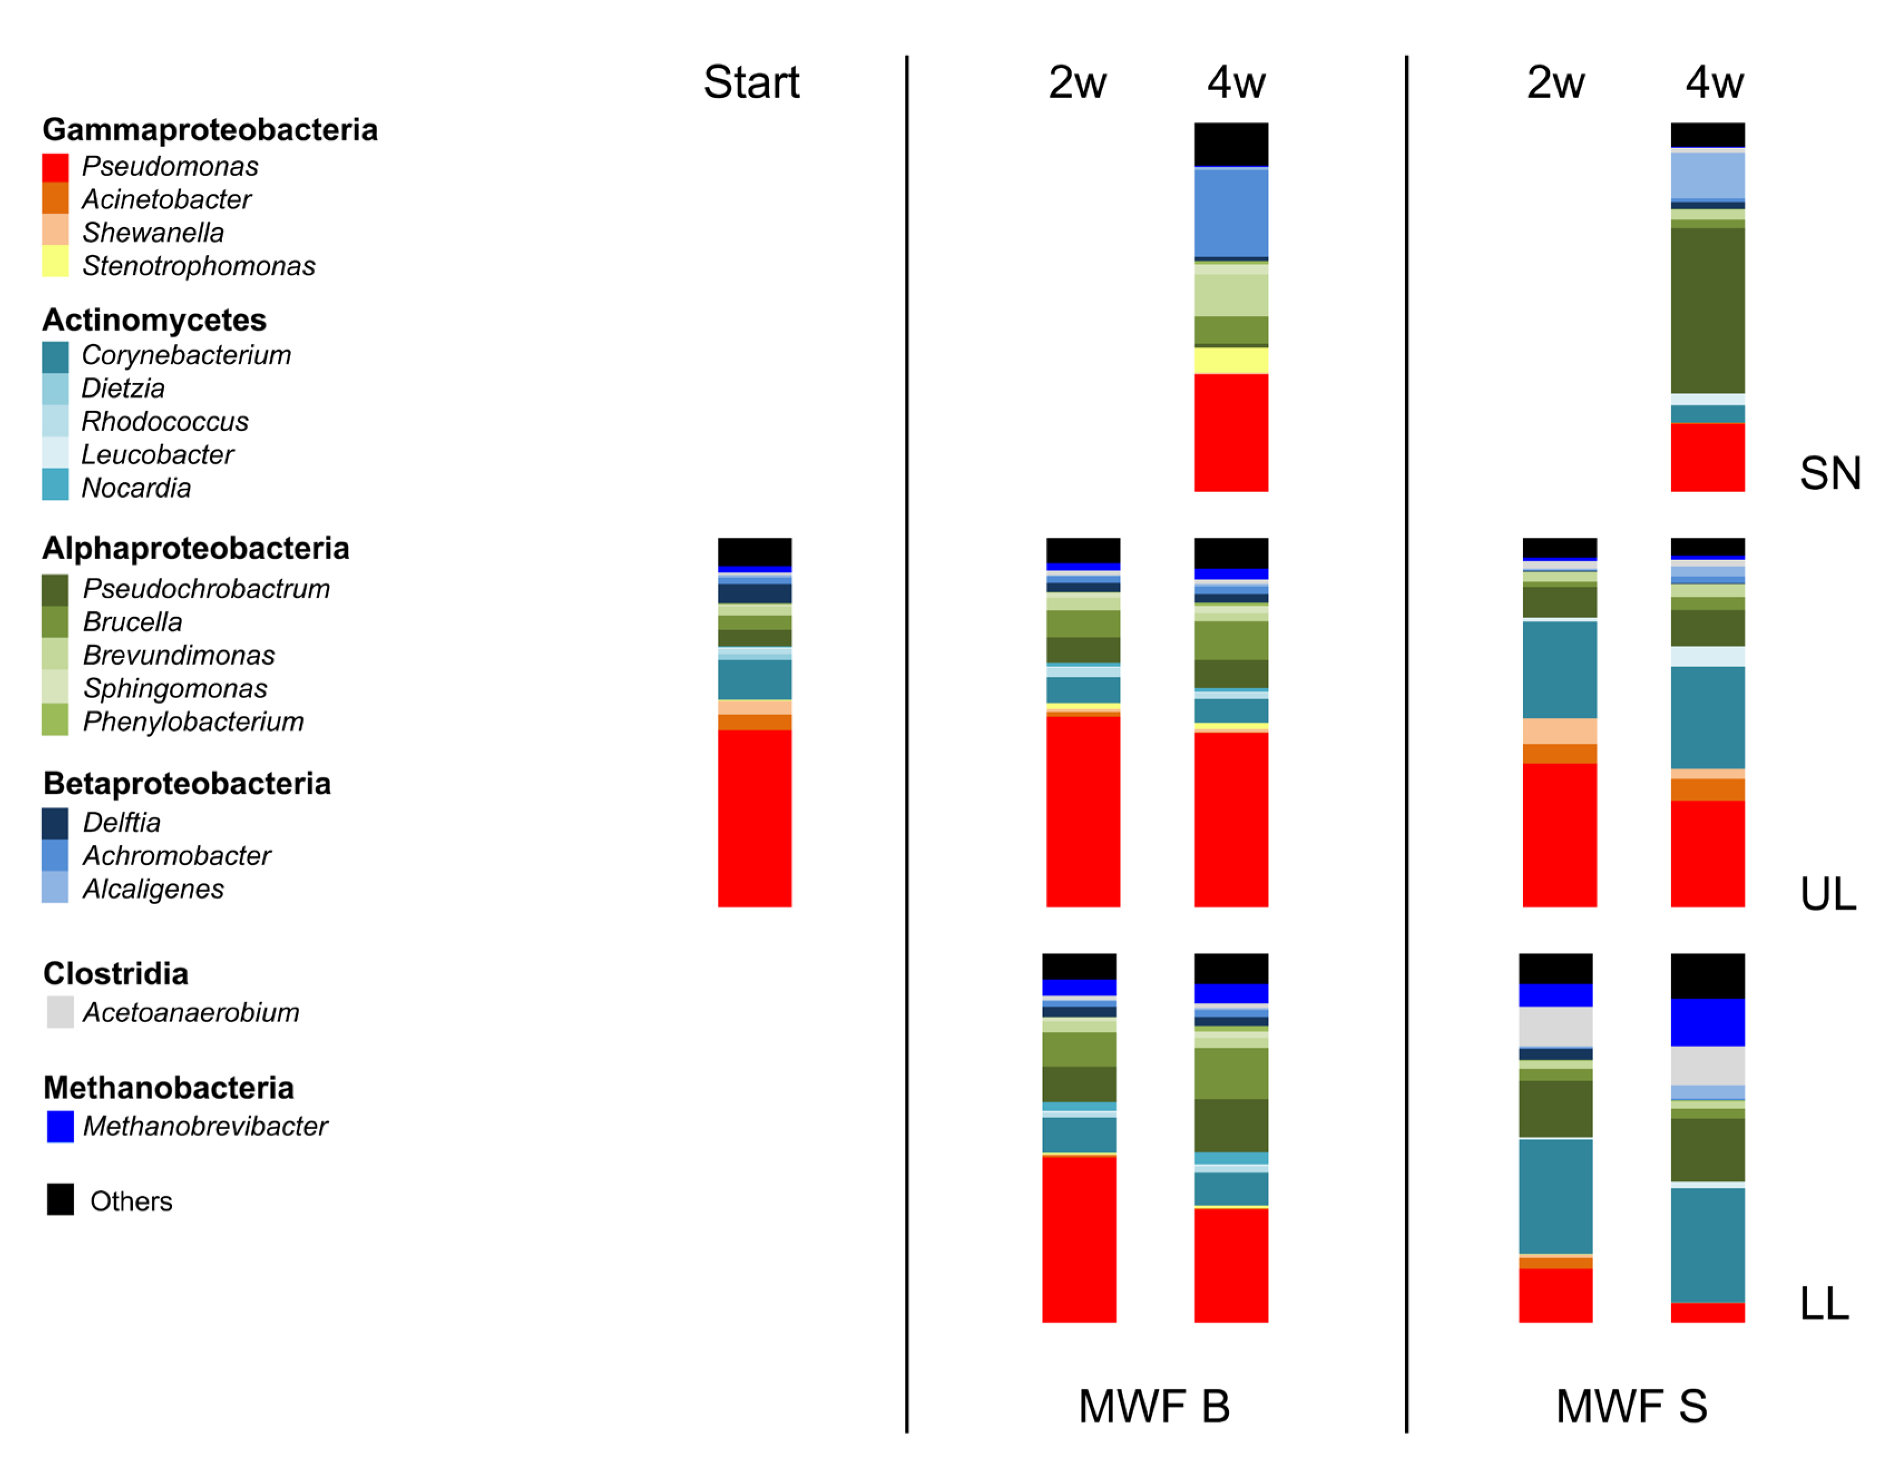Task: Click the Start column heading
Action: click(751, 83)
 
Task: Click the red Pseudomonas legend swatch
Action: click(55, 166)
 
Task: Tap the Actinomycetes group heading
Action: click(154, 320)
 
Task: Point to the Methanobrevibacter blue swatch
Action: click(60, 1126)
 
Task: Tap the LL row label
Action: click(1824, 1305)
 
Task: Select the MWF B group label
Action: click(1153, 1406)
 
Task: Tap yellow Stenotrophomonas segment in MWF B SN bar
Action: click(1230, 359)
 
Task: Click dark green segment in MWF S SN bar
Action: click(1707, 310)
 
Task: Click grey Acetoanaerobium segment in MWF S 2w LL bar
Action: click(1555, 1026)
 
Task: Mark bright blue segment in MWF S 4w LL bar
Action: click(1707, 1022)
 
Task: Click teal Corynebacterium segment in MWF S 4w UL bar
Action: click(1707, 717)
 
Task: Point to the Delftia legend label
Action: click(121, 822)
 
